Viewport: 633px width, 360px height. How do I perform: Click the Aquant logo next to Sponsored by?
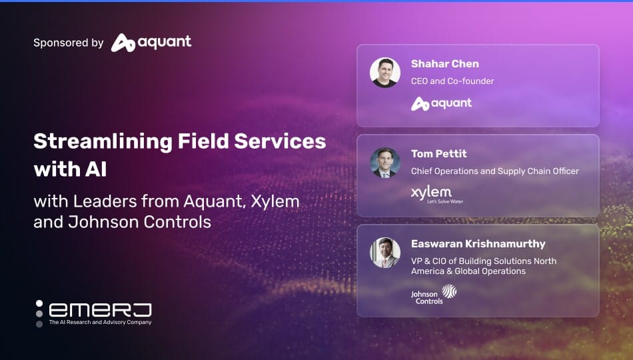(151, 43)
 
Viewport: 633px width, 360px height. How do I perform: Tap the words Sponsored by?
(68, 43)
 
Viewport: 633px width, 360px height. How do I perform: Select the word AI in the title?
(96, 169)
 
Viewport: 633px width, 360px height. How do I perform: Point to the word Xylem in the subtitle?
(275, 201)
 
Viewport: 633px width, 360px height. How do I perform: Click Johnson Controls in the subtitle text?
(140, 222)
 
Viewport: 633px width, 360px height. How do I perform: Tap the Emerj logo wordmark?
(100, 310)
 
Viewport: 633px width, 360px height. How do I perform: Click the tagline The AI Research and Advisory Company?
(100, 323)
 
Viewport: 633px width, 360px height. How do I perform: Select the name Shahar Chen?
(445, 64)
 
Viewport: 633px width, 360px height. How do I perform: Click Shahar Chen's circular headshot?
(385, 72)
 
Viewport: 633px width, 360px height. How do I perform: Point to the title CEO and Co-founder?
(452, 81)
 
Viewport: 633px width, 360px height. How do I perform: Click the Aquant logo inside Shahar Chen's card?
(441, 104)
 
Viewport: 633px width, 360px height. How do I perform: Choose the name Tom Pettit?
(439, 154)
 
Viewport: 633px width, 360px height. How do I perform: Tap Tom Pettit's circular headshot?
(385, 163)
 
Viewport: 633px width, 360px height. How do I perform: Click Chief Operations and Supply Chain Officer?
(495, 171)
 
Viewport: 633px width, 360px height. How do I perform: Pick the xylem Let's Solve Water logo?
(437, 195)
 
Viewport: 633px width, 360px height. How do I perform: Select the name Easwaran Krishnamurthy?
(478, 244)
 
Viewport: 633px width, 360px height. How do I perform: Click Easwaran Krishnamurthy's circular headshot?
(385, 253)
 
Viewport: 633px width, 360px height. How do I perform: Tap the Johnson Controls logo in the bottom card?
(434, 294)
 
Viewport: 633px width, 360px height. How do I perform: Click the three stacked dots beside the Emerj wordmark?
(39, 313)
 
